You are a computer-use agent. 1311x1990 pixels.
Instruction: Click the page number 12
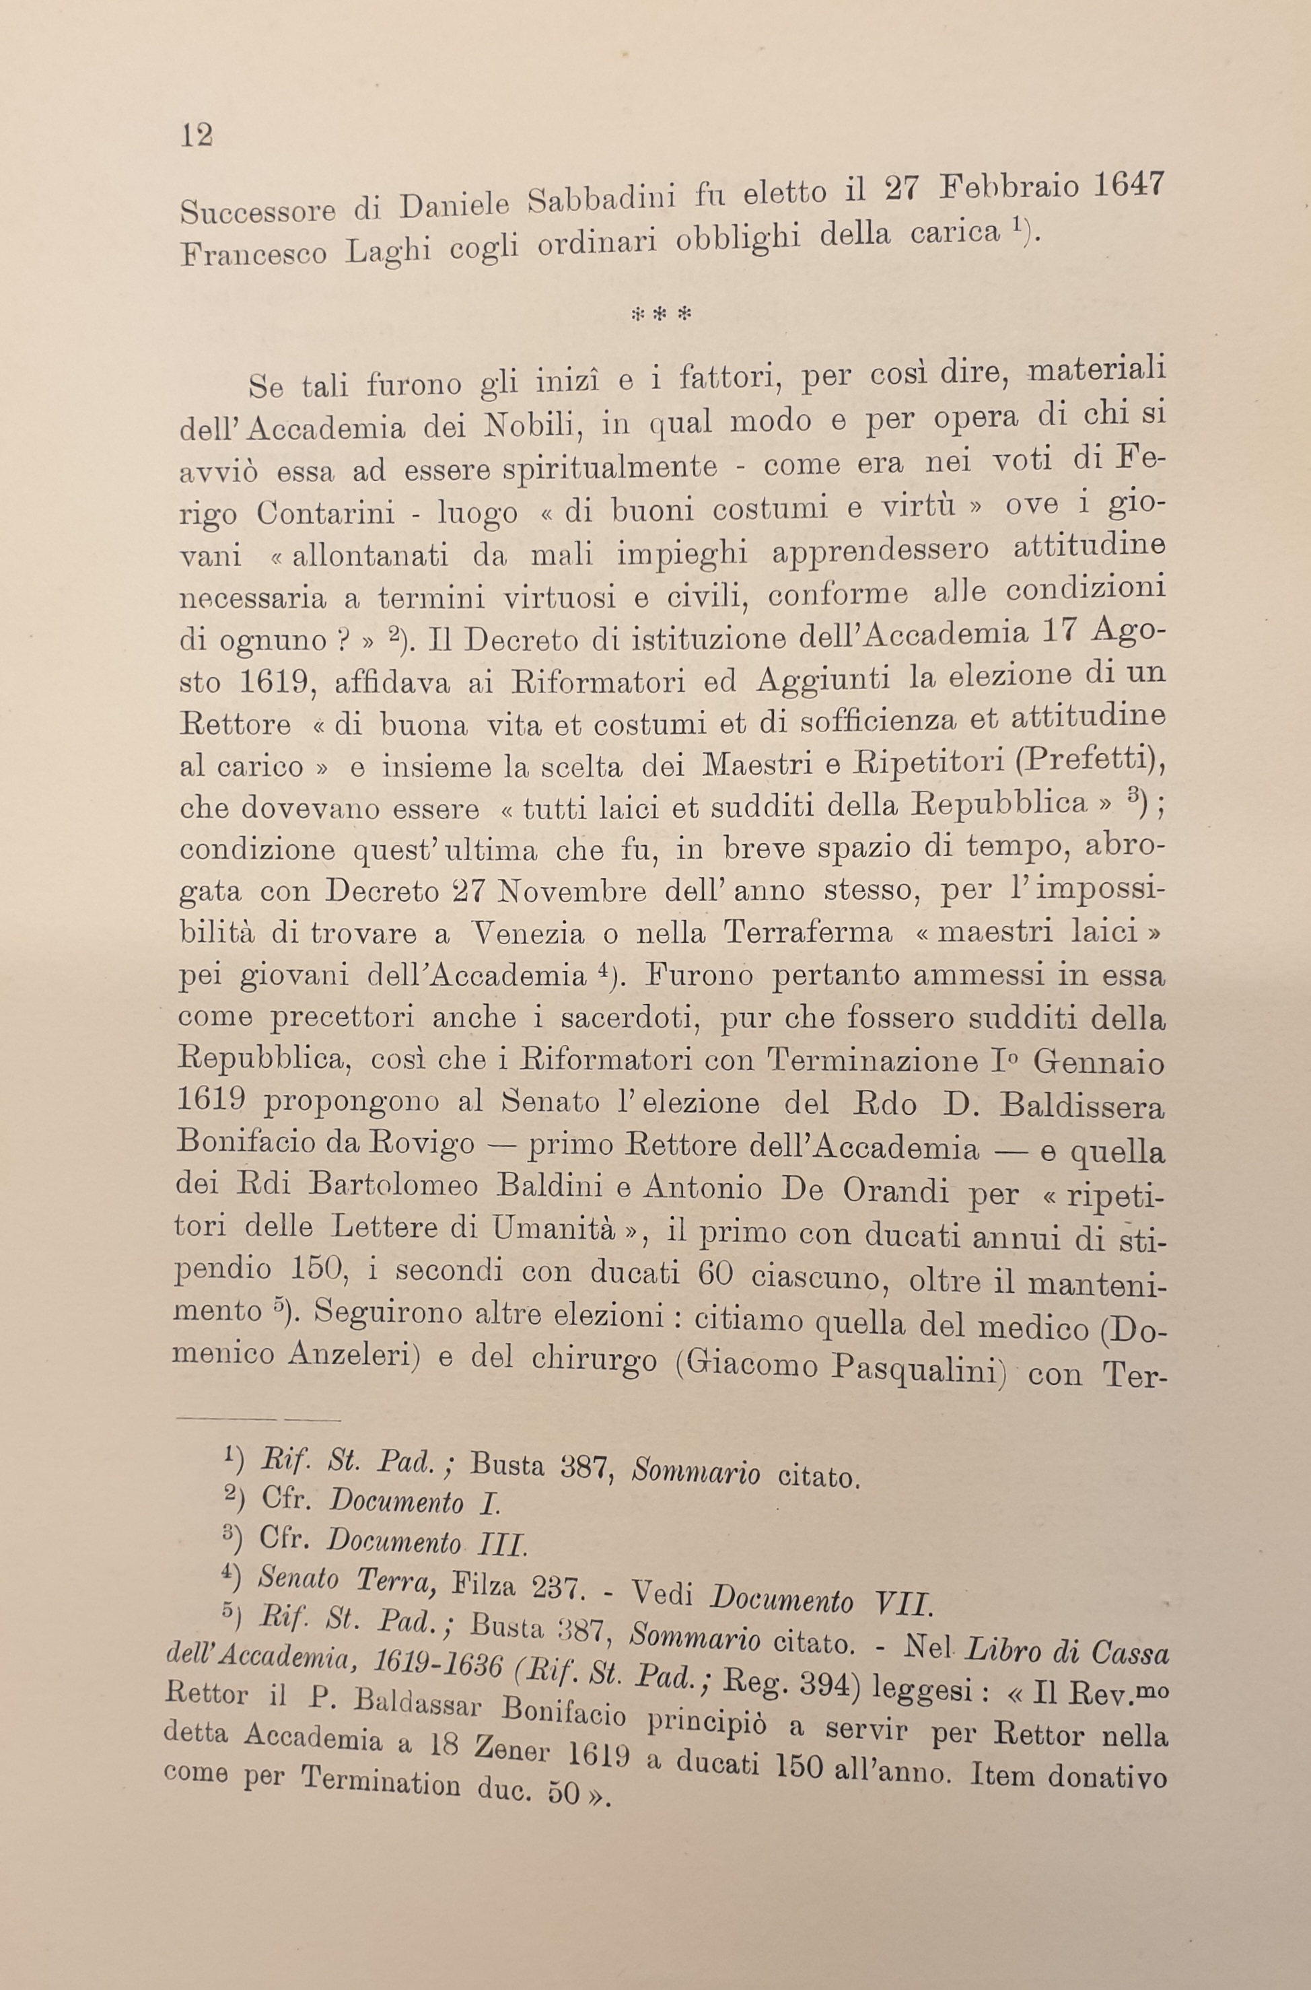coord(197,135)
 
